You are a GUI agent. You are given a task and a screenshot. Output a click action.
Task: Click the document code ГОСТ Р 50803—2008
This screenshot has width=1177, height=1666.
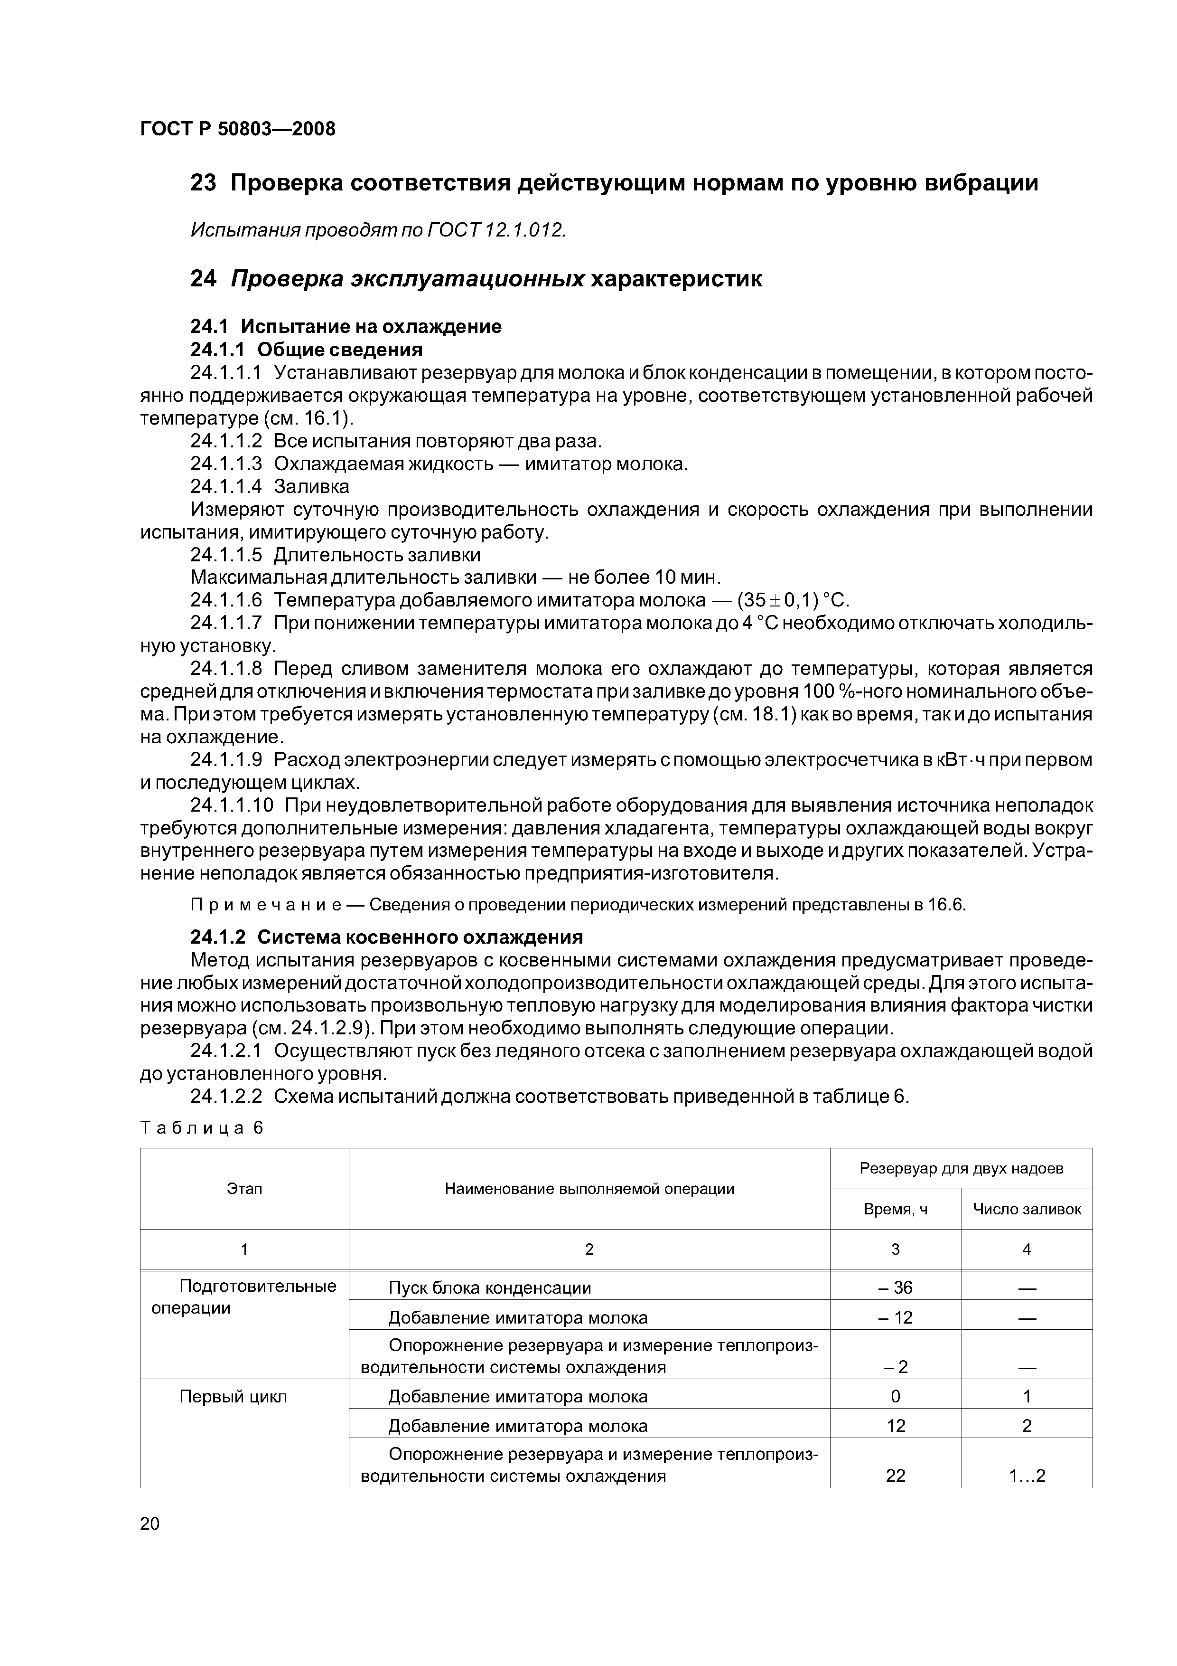click(x=237, y=129)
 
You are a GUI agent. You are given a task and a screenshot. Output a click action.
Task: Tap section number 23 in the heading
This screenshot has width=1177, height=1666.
click(x=203, y=184)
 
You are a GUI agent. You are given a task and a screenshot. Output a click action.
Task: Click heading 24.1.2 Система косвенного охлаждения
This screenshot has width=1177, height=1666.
click(x=386, y=937)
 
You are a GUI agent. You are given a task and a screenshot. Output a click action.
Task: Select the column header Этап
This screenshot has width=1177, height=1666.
click(x=244, y=1189)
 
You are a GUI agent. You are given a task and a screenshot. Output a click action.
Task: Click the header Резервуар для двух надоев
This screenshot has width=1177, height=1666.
click(x=961, y=1168)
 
